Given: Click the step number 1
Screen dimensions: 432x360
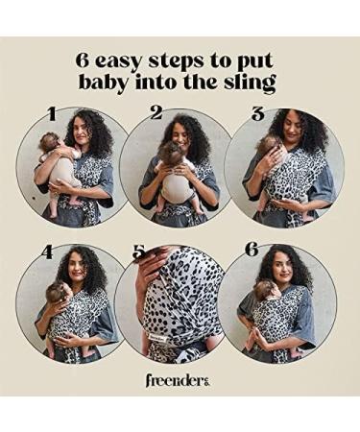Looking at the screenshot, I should tap(52, 115).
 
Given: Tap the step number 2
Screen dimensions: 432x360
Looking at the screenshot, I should tap(156, 113).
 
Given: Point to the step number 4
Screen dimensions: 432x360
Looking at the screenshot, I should tap(47, 253).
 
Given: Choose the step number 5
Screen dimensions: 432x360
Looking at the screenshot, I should tap(140, 252).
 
